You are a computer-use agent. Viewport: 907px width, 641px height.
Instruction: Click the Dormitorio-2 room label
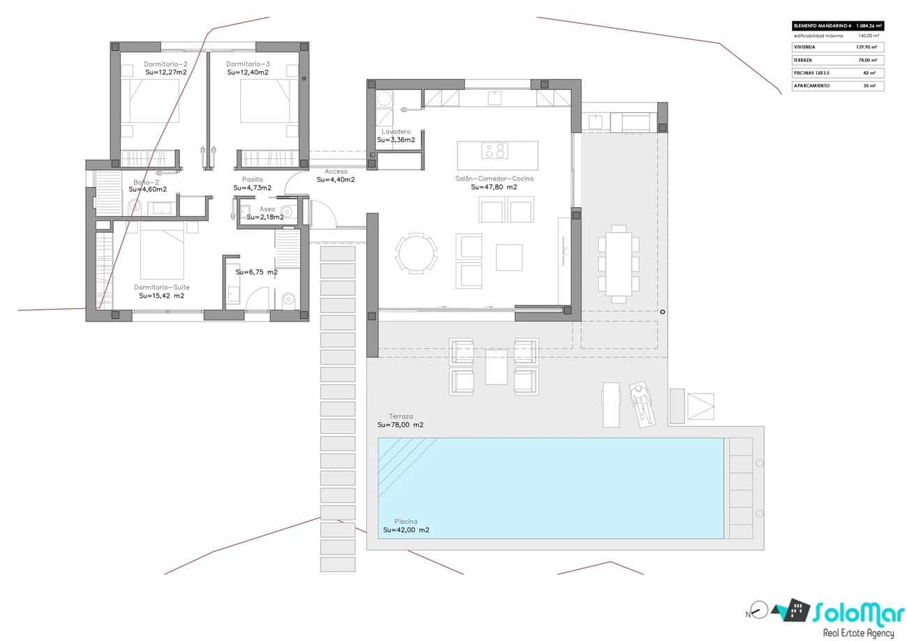tap(165, 64)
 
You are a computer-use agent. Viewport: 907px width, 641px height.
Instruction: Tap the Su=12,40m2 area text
tap(248, 73)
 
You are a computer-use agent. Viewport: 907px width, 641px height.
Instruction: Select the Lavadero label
tap(396, 131)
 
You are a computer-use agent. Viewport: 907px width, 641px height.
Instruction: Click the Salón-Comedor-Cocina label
tap(494, 179)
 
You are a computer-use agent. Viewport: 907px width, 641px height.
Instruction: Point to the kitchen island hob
tap(495, 151)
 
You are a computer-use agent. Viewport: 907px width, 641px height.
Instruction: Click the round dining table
tap(417, 252)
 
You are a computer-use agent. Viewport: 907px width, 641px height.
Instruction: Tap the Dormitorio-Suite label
tap(161, 287)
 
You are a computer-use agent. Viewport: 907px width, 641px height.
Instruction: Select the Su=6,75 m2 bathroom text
tap(256, 272)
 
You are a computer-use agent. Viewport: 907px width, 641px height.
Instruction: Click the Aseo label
tap(267, 209)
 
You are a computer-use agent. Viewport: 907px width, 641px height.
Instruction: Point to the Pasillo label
tap(253, 179)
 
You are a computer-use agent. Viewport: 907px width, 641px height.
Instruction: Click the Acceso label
tap(336, 172)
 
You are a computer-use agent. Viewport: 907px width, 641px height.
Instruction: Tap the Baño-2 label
tap(147, 182)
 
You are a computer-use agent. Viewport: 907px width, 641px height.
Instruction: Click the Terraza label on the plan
tap(401, 416)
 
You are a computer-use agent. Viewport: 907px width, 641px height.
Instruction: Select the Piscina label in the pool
tap(405, 521)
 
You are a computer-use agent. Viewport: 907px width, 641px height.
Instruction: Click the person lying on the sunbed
tap(640, 404)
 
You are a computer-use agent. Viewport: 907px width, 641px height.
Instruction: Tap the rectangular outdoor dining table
tap(618, 264)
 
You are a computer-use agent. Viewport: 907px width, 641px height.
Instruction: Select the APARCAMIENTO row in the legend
tap(837, 86)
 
